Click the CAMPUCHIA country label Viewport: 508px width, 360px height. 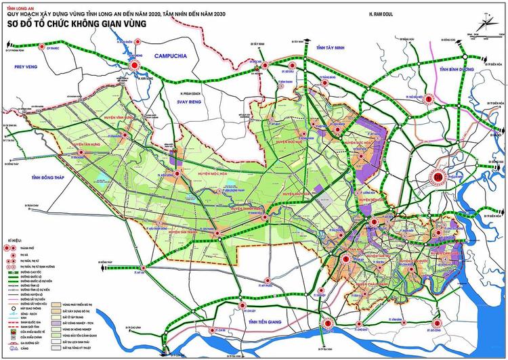(173, 56)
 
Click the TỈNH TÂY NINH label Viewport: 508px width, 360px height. (331, 48)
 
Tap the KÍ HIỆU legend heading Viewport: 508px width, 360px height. (12, 240)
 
